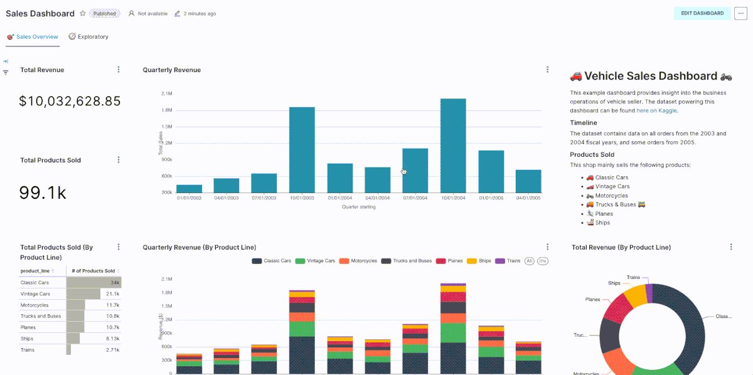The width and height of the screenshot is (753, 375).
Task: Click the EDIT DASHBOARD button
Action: pos(702,13)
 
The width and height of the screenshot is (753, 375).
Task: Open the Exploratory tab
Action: pos(88,37)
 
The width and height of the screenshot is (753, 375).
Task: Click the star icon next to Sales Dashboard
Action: pos(82,13)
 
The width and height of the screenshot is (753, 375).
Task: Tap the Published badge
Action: pos(104,13)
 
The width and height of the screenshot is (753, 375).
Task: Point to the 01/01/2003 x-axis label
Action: pos(189,198)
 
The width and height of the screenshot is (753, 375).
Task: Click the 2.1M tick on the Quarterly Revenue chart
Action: pos(167,94)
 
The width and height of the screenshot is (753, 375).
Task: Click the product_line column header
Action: pos(35,271)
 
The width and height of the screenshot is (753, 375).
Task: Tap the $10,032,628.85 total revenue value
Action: pos(70,101)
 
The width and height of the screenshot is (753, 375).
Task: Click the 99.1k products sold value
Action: pos(43,193)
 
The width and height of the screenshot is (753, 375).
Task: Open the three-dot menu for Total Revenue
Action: pos(119,70)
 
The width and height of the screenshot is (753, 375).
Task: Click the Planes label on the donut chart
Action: pos(593,300)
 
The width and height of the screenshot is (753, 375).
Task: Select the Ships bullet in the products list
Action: pos(602,223)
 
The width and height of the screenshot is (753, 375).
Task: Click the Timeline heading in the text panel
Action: pos(583,123)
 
